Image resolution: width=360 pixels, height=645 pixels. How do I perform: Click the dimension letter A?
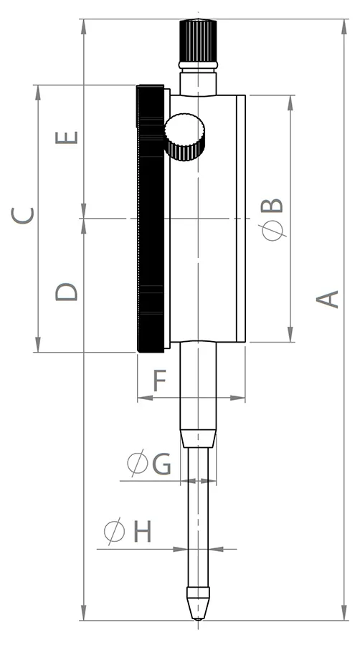click(x=328, y=299)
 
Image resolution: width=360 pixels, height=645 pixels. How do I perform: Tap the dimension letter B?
click(x=272, y=205)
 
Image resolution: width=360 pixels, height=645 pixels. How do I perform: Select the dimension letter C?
click(x=23, y=216)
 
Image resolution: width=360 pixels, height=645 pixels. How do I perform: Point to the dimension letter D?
click(x=67, y=292)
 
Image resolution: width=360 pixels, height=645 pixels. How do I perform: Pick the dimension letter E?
click(x=67, y=138)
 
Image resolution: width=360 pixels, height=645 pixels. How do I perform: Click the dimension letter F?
click(x=160, y=381)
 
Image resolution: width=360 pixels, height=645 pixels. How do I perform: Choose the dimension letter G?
click(x=161, y=464)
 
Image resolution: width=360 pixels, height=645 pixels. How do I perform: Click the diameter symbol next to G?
click(x=137, y=463)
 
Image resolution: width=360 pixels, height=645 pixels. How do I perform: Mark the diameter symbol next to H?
click(x=114, y=531)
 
